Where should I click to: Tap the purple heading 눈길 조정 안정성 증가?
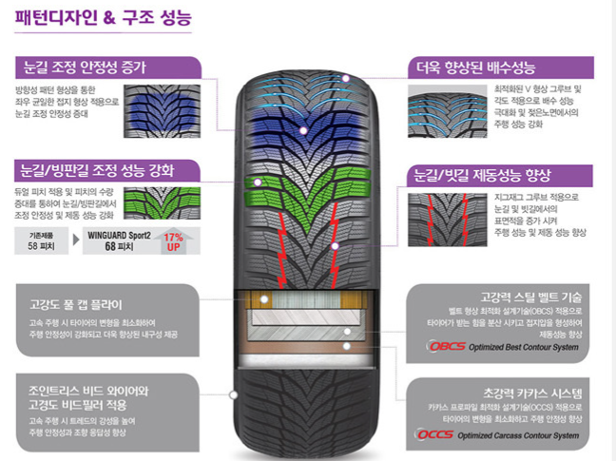86,68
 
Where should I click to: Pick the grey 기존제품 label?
40,233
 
